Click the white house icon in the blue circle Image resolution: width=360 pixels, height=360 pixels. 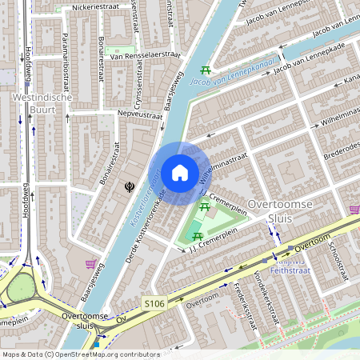coord(180,173)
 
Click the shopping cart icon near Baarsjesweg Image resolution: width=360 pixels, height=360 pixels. coord(92,263)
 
